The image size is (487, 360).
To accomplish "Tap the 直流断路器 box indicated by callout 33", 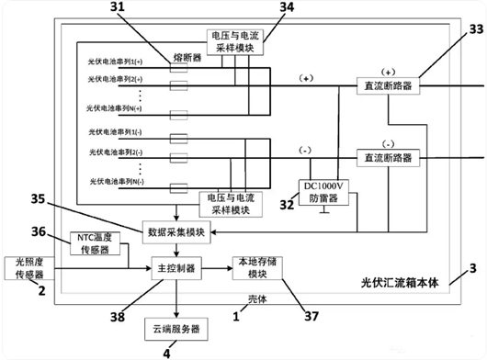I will pyautogui.click(x=387, y=84).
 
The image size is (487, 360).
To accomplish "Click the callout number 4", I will pyautogui.click(x=166, y=351).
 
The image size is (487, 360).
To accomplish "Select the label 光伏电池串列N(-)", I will pyautogui.click(x=122, y=184).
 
